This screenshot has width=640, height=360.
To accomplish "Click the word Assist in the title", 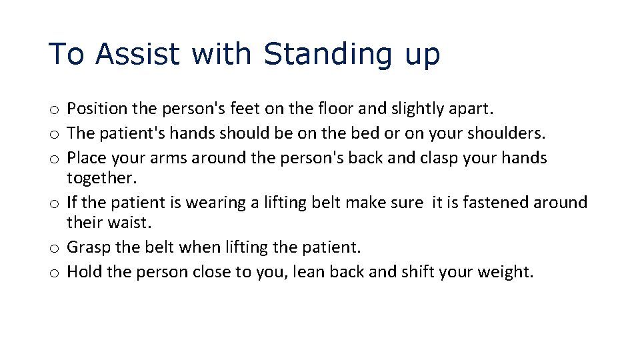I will pos(138,54).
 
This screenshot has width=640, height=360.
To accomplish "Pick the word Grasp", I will pos(88,247).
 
